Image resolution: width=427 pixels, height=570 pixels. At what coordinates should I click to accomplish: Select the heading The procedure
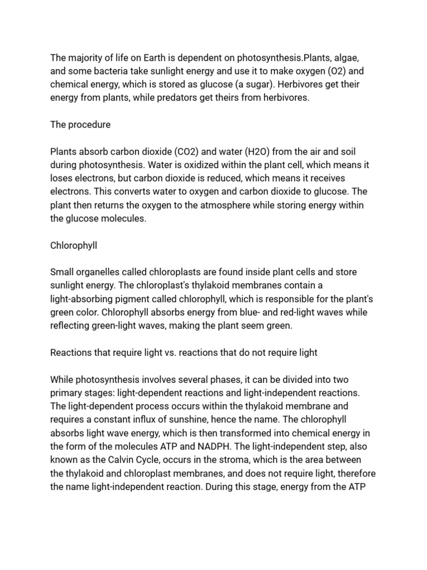[80, 125]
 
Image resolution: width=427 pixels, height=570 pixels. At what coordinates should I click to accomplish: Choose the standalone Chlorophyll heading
[74, 245]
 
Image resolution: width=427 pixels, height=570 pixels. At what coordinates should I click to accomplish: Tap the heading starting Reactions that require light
[183, 352]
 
